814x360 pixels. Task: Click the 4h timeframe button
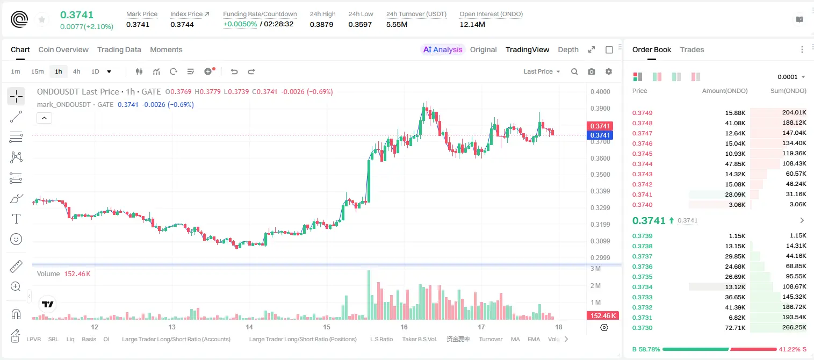(76, 71)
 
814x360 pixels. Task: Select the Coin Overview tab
(63, 50)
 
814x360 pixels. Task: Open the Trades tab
(692, 50)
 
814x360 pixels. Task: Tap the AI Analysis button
(443, 50)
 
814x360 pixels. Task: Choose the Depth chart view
(568, 50)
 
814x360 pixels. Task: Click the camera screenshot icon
(592, 71)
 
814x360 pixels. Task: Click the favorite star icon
(42, 20)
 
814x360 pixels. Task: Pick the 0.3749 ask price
(642, 113)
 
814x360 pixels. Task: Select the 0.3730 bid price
(642, 328)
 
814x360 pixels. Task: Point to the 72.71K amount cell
(735, 328)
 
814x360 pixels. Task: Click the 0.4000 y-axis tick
(600, 92)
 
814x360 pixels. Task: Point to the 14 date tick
(249, 327)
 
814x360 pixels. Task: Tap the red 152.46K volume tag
(603, 316)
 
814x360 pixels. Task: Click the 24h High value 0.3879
(321, 24)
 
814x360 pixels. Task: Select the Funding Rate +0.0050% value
(240, 24)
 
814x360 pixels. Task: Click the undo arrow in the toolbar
(234, 71)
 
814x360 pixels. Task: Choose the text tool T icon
(16, 219)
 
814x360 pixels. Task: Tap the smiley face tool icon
(16, 239)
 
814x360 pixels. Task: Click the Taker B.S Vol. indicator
(419, 339)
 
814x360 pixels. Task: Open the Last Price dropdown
(542, 71)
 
